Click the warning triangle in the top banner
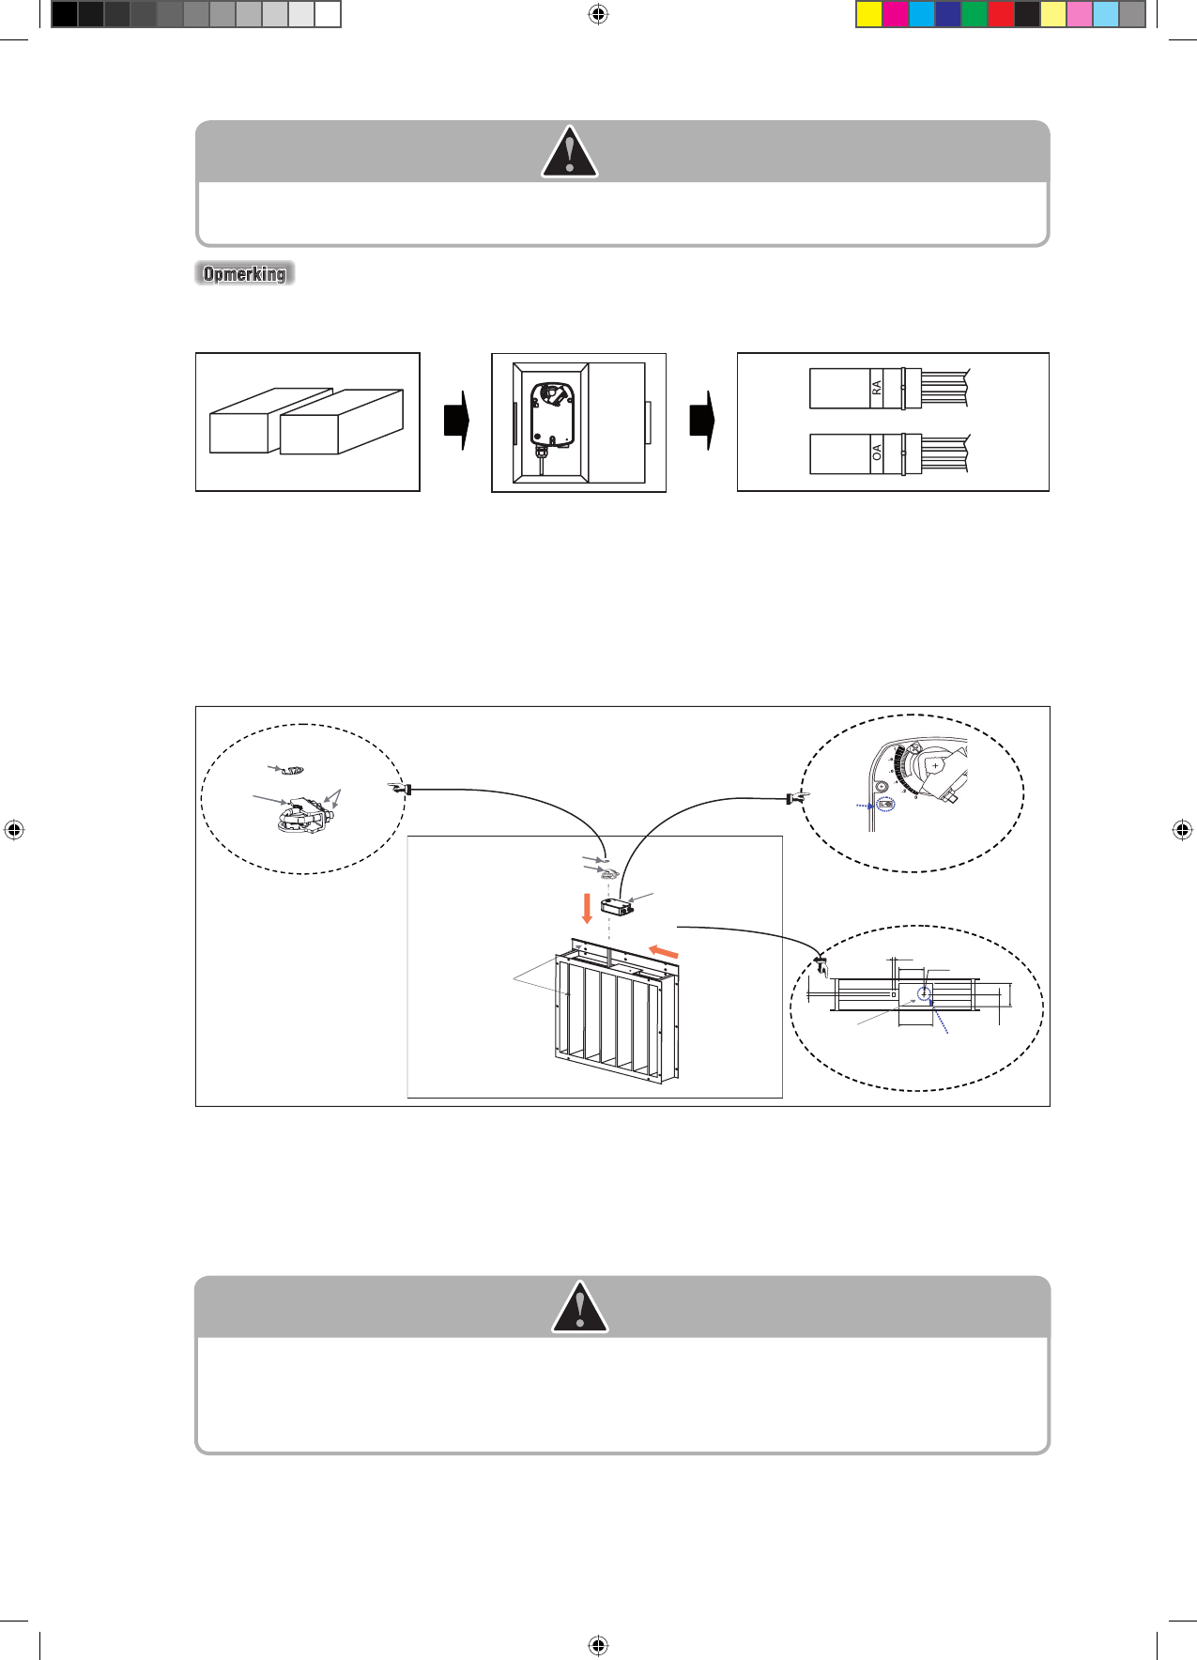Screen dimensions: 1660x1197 pos(569,153)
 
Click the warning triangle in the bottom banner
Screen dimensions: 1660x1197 pos(579,1308)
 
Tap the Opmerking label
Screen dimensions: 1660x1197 pos(244,273)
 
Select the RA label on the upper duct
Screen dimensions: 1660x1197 pos(877,388)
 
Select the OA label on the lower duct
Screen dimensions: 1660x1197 pos(877,453)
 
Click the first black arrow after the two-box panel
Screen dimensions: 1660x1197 pos(456,421)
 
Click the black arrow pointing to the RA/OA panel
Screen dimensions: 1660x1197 pos(702,421)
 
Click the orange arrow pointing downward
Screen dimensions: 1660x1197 pos(588,908)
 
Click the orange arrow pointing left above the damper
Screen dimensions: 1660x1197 pos(664,952)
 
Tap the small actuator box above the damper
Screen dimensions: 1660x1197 pos(617,907)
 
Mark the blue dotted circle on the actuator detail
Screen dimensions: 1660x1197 pos(884,805)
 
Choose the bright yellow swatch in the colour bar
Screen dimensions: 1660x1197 pos(869,14)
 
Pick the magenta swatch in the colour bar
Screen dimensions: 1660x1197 pos(896,14)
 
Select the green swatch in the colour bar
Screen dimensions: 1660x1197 pos(974,14)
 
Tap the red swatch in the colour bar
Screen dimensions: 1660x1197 pos(1001,14)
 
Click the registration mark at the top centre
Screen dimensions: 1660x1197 pos(598,14)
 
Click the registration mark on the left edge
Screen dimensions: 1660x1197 pos(13,830)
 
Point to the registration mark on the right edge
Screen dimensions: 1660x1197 pos(1182,830)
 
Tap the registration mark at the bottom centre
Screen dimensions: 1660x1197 pos(598,1645)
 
